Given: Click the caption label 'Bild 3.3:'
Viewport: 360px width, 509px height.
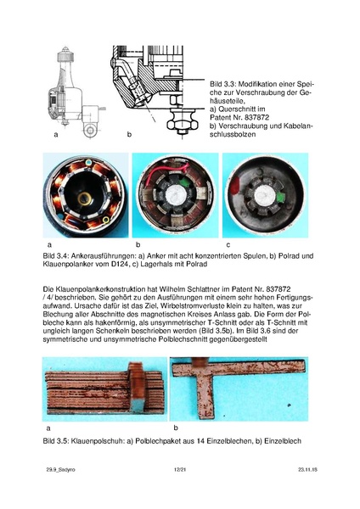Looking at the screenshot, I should (x=221, y=86).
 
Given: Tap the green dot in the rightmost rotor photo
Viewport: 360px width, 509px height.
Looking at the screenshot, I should (x=273, y=202).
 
